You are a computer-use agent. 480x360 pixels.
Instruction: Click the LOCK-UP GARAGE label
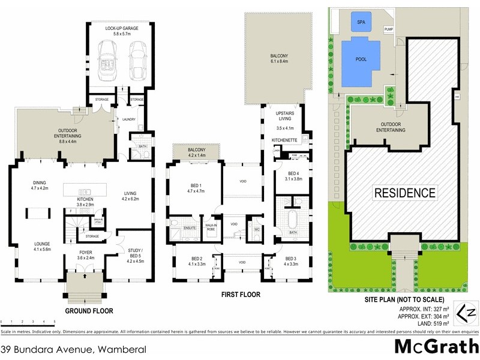(x=123, y=28)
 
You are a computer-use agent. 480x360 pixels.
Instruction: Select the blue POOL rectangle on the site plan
(x=361, y=60)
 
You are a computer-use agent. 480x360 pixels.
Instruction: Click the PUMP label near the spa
(x=388, y=29)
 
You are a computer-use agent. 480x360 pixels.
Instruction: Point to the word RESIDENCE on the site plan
(x=405, y=193)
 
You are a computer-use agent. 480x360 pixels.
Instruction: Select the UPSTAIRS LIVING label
(x=284, y=116)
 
